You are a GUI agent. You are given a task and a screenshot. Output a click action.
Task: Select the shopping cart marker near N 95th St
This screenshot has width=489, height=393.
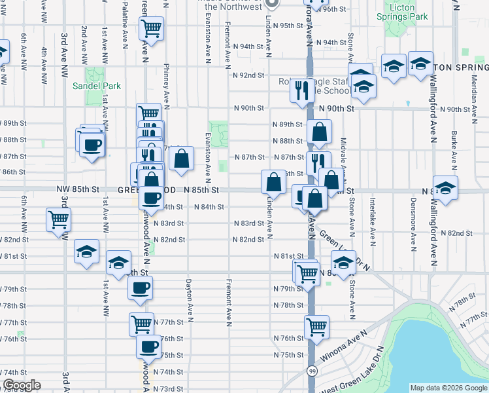[x=152, y=29]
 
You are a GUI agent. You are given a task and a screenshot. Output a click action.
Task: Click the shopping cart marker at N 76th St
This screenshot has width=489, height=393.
[x=316, y=326]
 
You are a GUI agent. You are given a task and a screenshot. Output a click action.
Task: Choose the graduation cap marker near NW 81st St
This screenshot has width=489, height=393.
[x=87, y=252]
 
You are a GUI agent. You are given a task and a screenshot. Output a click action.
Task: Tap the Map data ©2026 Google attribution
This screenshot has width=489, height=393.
[x=448, y=388]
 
